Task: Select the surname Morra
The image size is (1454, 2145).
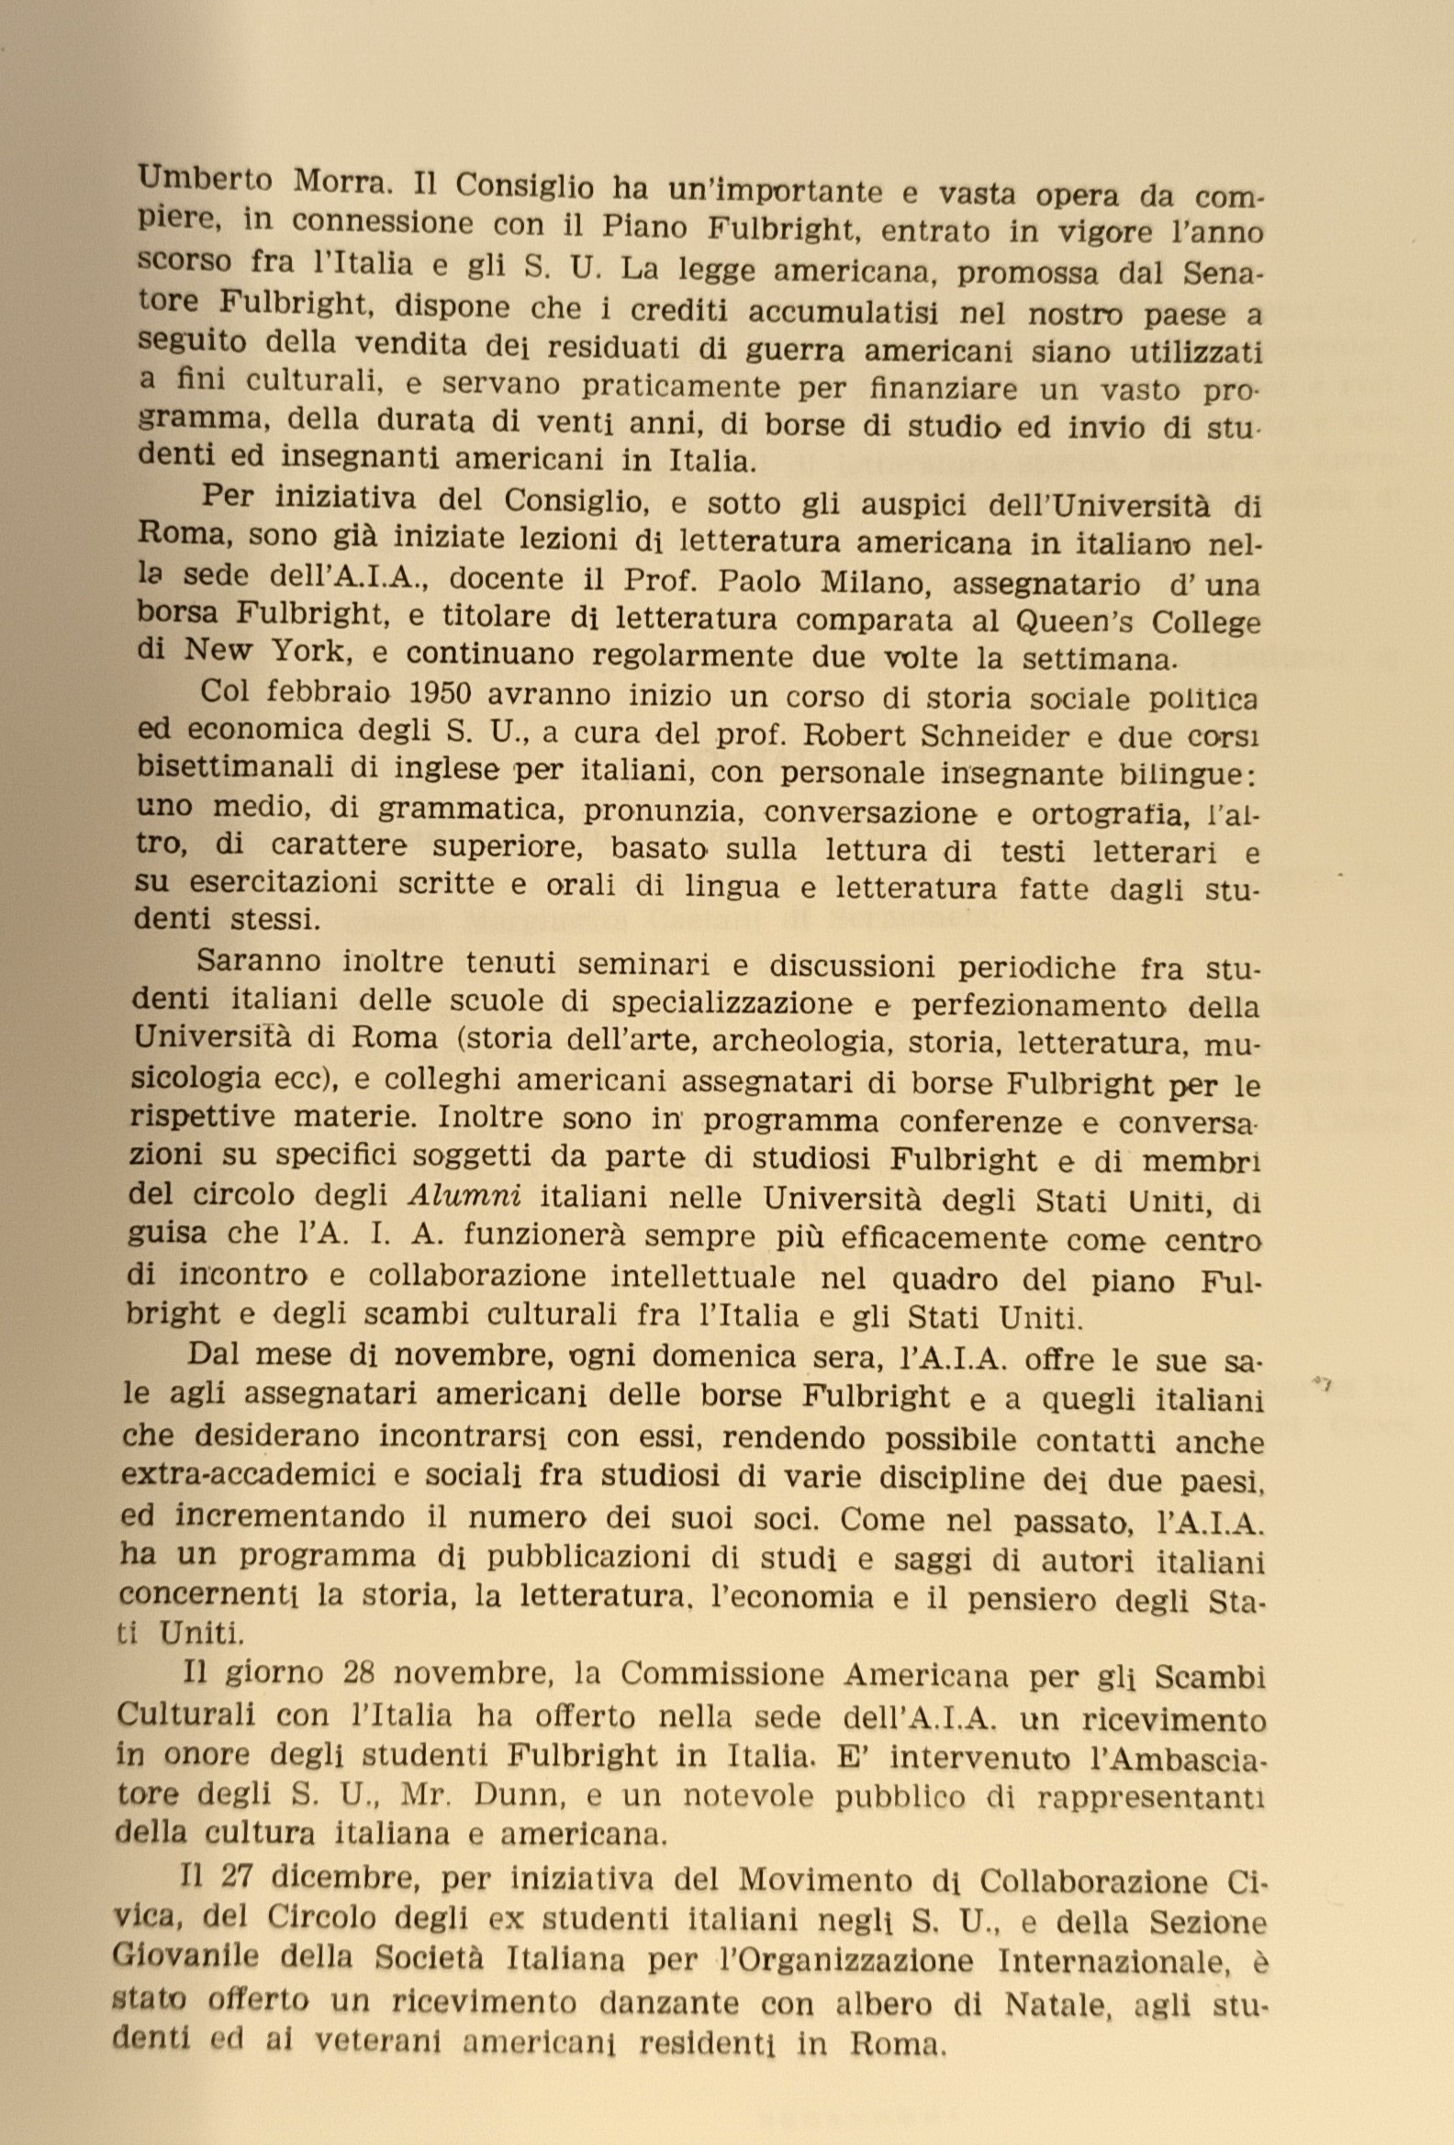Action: [x=344, y=182]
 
